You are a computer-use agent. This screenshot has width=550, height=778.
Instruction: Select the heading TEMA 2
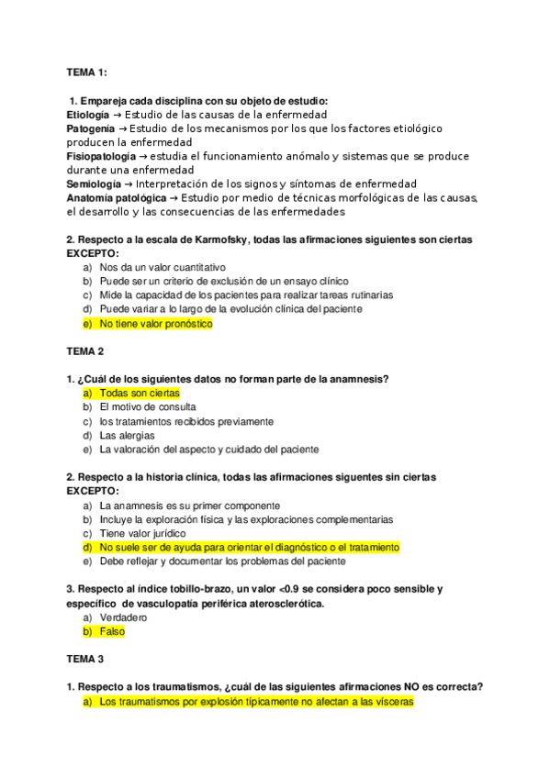click(85, 351)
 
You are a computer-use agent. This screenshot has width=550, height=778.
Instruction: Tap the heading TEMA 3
click(85, 660)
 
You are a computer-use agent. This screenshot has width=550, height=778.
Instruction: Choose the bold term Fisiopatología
click(102, 157)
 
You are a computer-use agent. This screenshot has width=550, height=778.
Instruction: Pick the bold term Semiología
click(94, 184)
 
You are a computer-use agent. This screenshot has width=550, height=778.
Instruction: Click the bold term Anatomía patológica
click(117, 198)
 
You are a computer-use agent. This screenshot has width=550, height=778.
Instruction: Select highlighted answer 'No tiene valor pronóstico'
click(155, 324)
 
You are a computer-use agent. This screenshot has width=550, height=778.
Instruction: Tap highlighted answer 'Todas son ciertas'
click(140, 393)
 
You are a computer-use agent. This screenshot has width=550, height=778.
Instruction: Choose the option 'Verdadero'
click(123, 618)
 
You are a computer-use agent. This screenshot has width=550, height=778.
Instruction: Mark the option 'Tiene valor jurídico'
click(142, 533)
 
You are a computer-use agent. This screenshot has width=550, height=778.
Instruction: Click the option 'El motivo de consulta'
click(147, 406)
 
